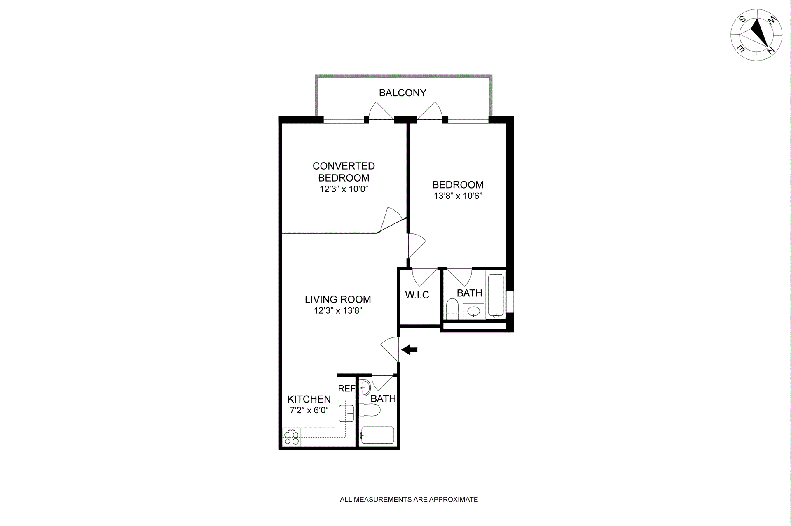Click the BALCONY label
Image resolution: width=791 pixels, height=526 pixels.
[x=403, y=93]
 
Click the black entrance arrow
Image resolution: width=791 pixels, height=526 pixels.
[x=410, y=350]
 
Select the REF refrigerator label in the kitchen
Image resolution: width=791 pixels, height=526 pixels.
[x=346, y=389]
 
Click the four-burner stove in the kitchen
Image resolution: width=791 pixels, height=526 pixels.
[x=291, y=437]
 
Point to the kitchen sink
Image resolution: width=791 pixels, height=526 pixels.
[x=346, y=413]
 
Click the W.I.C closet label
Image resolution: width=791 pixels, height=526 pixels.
[x=417, y=295]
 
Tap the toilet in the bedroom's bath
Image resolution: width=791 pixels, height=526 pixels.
[x=452, y=308]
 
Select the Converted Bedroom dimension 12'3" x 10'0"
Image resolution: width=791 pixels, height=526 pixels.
[x=344, y=189]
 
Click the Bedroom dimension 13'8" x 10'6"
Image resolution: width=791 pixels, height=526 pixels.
[x=458, y=196]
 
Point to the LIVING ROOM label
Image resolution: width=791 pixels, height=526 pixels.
[x=338, y=300]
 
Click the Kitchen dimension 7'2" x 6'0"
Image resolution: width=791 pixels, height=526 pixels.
[x=309, y=410]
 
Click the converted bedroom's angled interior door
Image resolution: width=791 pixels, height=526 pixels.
[x=391, y=219]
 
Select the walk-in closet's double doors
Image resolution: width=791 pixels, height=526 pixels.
[x=424, y=277]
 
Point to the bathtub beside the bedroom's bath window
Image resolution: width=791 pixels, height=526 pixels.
[x=496, y=295]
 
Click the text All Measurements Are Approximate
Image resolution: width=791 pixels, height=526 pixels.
[x=409, y=500]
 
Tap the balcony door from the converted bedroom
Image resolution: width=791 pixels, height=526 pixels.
[x=380, y=112]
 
